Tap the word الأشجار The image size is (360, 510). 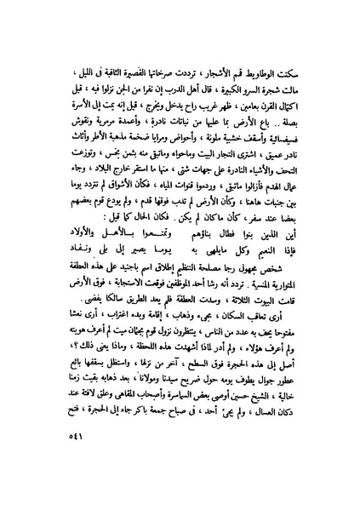[x=235, y=58]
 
